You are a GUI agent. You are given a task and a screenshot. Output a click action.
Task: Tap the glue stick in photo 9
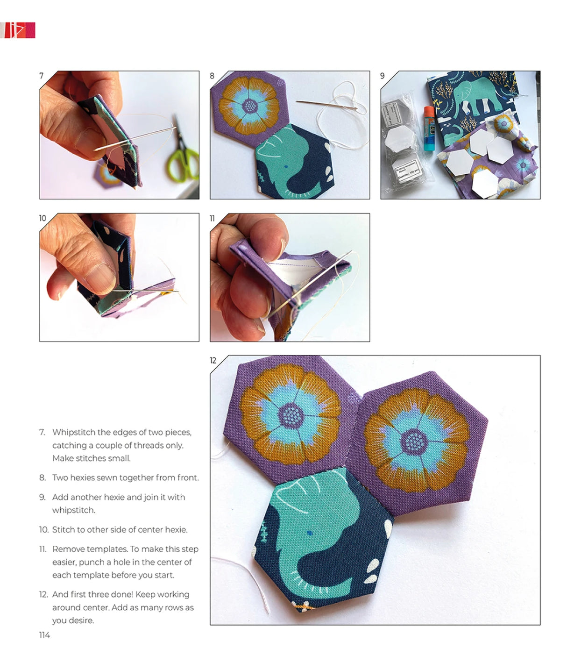pos(429,128)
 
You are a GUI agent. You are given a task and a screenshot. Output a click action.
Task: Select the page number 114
pos(44,635)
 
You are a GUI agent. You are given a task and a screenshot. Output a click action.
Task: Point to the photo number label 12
pos(213,360)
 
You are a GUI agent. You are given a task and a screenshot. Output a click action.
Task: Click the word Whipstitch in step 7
pos(75,432)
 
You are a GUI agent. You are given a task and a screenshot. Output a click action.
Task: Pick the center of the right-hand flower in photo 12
pos(414,441)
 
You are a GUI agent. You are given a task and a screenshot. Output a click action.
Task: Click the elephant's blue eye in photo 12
pos(309,532)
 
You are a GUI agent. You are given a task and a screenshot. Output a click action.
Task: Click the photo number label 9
pos(383,76)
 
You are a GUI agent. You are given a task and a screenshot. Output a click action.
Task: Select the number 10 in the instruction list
pos(43,529)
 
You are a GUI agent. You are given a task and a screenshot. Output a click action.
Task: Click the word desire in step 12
pos(81,620)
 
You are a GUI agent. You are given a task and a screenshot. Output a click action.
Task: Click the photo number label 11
pos(213,218)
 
